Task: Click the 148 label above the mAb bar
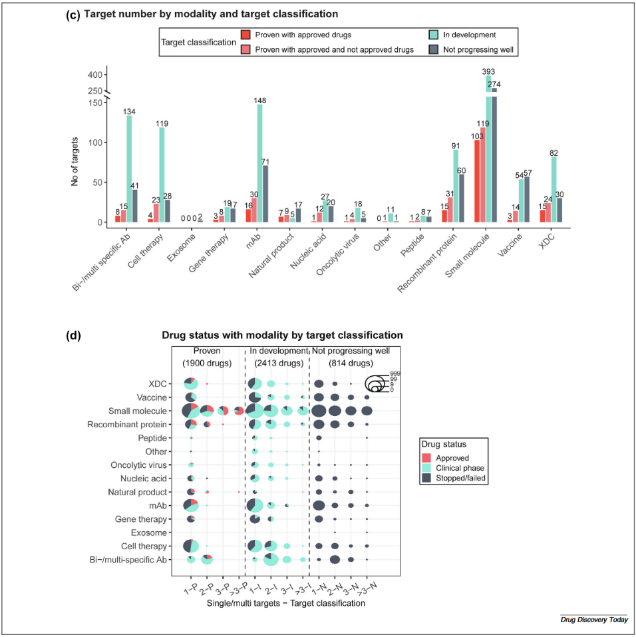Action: tap(259, 101)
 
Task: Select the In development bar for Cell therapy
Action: tap(162, 174)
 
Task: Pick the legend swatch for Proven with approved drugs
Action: tap(245, 35)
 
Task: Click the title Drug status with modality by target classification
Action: tap(282, 335)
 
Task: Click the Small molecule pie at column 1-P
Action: tap(190, 411)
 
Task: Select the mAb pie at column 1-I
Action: tap(254, 505)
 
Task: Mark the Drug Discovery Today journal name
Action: tap(593, 620)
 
